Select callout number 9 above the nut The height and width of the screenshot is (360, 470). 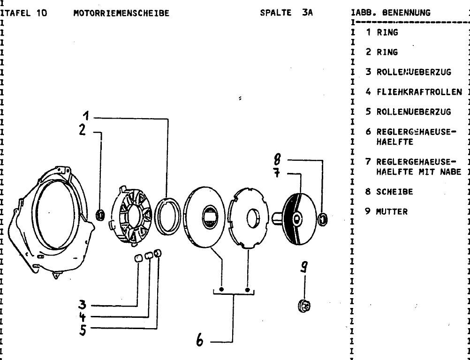pos(304,267)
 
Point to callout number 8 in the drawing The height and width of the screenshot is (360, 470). pos(277,160)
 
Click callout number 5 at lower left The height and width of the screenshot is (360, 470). pos(83,330)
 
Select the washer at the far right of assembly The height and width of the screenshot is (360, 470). pos(323,218)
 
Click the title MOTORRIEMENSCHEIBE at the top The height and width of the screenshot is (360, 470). pos(121,13)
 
